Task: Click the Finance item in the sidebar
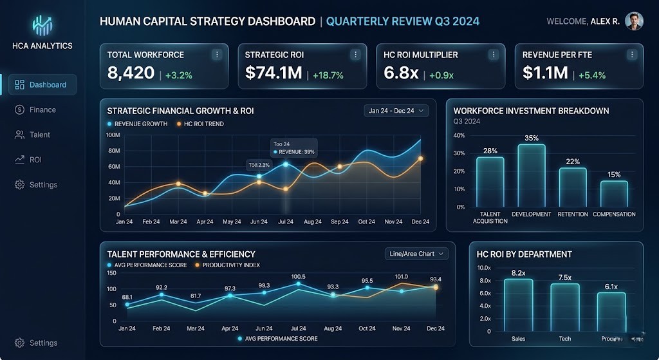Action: click(x=42, y=109)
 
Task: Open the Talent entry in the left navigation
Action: click(x=39, y=135)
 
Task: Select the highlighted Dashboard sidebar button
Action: click(x=42, y=84)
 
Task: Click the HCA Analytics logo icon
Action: click(x=42, y=25)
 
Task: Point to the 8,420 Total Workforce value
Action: click(x=131, y=73)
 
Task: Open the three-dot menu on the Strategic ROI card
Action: click(x=355, y=55)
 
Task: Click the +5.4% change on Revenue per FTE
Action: click(x=592, y=75)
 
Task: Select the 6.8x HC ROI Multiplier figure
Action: click(x=401, y=73)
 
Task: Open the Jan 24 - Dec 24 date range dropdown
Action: click(x=396, y=111)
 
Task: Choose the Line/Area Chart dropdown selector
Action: click(x=416, y=254)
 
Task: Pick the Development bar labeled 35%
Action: click(x=531, y=175)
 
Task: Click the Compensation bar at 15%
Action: click(x=614, y=193)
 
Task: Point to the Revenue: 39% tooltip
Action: click(x=293, y=151)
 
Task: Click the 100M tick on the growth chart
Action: click(x=113, y=135)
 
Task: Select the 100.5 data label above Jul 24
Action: click(x=299, y=277)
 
